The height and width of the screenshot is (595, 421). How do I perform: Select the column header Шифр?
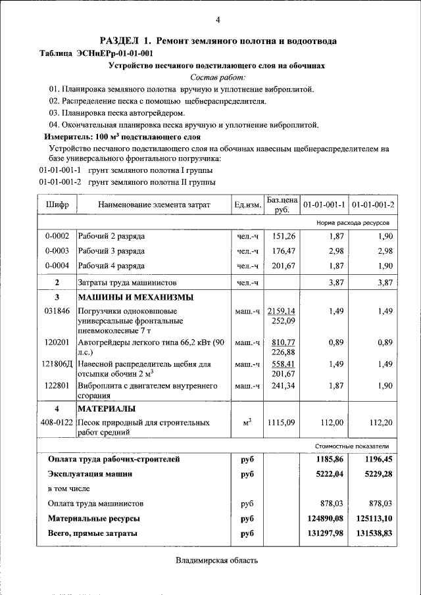point(57,205)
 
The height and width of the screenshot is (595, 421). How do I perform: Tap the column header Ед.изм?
point(247,205)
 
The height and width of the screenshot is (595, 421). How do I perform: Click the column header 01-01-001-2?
point(373,205)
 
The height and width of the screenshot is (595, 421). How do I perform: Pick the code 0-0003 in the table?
point(57,250)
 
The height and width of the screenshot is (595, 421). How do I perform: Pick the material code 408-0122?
point(57,423)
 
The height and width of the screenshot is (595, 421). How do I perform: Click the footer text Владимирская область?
point(217,561)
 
